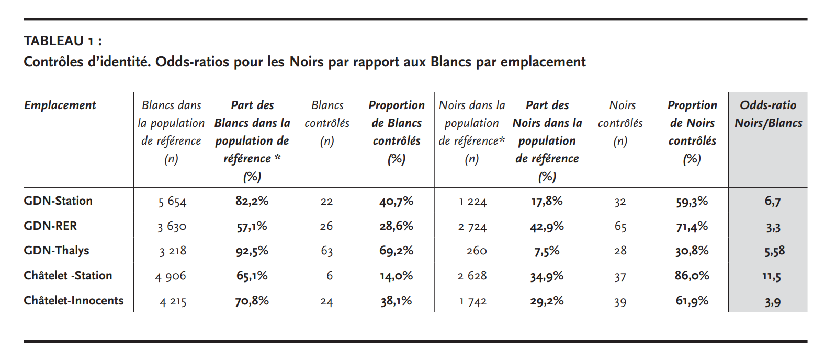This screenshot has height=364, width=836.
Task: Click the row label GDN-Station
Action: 58,201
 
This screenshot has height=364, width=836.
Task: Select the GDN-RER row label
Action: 50,226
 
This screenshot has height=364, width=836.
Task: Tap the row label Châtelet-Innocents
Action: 74,300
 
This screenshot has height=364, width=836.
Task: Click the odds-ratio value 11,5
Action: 772,276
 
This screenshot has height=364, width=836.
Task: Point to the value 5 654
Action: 172,202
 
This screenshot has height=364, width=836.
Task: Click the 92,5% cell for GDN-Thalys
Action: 252,251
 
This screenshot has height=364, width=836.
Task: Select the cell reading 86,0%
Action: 692,276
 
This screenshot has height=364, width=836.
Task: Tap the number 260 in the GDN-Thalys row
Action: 477,251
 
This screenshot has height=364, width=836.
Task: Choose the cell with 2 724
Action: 472,227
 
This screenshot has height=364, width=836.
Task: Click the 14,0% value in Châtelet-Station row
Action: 397,276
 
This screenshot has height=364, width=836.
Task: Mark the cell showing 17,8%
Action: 547,202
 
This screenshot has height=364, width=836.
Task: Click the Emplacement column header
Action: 60,105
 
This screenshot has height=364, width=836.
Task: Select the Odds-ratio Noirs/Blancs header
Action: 768,114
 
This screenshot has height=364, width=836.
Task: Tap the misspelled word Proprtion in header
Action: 692,105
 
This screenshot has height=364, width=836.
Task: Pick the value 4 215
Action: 173,301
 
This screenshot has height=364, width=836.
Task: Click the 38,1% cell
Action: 396,301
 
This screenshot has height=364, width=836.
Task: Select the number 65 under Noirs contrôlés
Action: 620,227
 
